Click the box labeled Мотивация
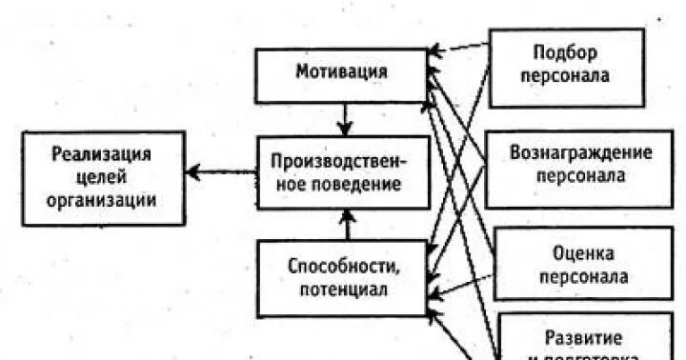click(x=341, y=74)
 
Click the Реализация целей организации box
click(x=103, y=178)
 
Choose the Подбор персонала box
click(x=566, y=66)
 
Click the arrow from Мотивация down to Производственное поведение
click(x=345, y=120)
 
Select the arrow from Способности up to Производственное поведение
click(x=347, y=225)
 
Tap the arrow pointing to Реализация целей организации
click(x=221, y=173)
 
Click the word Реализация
click(x=103, y=154)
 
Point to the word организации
click(x=103, y=201)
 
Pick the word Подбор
click(x=567, y=53)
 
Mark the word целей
click(x=103, y=178)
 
